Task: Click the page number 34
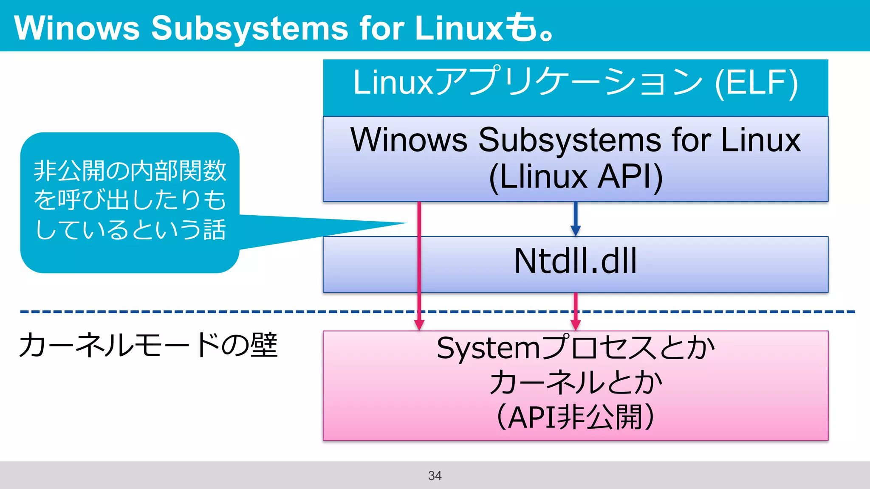click(435, 475)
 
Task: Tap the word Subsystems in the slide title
click(250, 28)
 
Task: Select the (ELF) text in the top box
click(756, 83)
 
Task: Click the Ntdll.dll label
click(575, 261)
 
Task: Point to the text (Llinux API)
click(576, 177)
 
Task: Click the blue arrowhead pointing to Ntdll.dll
click(576, 230)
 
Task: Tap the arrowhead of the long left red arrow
click(419, 325)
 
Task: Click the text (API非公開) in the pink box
click(575, 418)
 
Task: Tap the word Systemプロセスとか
click(575, 348)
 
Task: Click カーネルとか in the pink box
click(575, 382)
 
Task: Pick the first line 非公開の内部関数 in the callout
click(130, 171)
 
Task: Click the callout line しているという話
click(130, 230)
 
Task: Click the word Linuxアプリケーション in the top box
click(527, 83)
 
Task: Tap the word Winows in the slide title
click(77, 28)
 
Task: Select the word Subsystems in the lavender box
click(569, 140)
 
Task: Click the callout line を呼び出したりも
click(130, 200)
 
